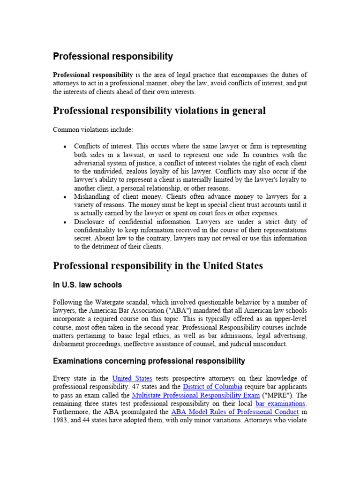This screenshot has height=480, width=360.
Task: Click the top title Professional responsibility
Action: tap(112, 57)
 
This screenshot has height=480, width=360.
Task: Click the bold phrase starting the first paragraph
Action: tap(93, 75)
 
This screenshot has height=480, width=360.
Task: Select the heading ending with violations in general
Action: tap(159, 111)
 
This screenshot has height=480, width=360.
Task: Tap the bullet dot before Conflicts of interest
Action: tap(65, 147)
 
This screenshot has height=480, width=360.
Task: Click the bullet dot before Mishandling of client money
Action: tap(65, 197)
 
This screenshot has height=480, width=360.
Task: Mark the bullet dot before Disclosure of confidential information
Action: tap(65, 222)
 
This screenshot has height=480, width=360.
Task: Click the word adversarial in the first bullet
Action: tap(91, 163)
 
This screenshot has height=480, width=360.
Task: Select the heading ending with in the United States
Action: tap(157, 266)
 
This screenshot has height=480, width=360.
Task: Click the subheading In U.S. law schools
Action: tap(87, 285)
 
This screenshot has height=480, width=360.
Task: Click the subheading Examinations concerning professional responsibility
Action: tap(149, 361)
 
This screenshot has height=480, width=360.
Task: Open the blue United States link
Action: tap(132, 378)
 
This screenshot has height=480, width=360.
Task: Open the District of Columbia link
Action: tap(212, 387)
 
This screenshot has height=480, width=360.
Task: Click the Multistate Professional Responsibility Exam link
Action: tap(196, 395)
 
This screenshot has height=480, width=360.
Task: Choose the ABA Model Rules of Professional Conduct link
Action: tap(235, 412)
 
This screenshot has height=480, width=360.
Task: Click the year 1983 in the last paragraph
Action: tap(62, 420)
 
